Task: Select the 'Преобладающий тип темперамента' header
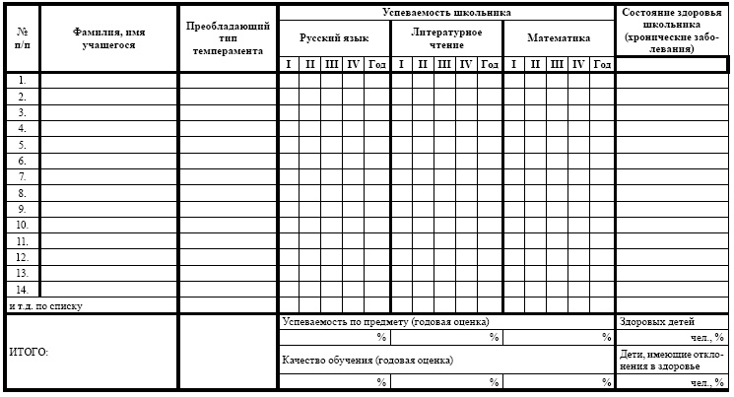pyautogui.click(x=228, y=38)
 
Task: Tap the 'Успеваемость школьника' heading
pyautogui.click(x=446, y=13)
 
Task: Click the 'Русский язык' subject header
pyautogui.click(x=334, y=38)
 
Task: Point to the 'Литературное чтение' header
pyautogui.click(x=446, y=38)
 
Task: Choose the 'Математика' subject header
pyautogui.click(x=559, y=38)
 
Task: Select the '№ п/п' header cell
pyautogui.click(x=22, y=38)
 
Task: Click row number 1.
pyautogui.click(x=22, y=81)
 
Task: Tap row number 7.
pyautogui.click(x=22, y=177)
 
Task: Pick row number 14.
pyautogui.click(x=22, y=290)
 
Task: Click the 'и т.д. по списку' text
pyautogui.click(x=45, y=306)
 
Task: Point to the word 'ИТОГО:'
pyautogui.click(x=29, y=352)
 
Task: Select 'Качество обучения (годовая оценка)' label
pyautogui.click(x=367, y=360)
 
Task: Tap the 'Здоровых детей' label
pyautogui.click(x=657, y=321)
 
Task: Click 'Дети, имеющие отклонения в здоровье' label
pyautogui.click(x=673, y=359)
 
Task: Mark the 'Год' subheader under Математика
pyautogui.click(x=602, y=64)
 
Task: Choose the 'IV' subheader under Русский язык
pyautogui.click(x=353, y=64)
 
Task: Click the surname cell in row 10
pyautogui.click(x=108, y=226)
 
